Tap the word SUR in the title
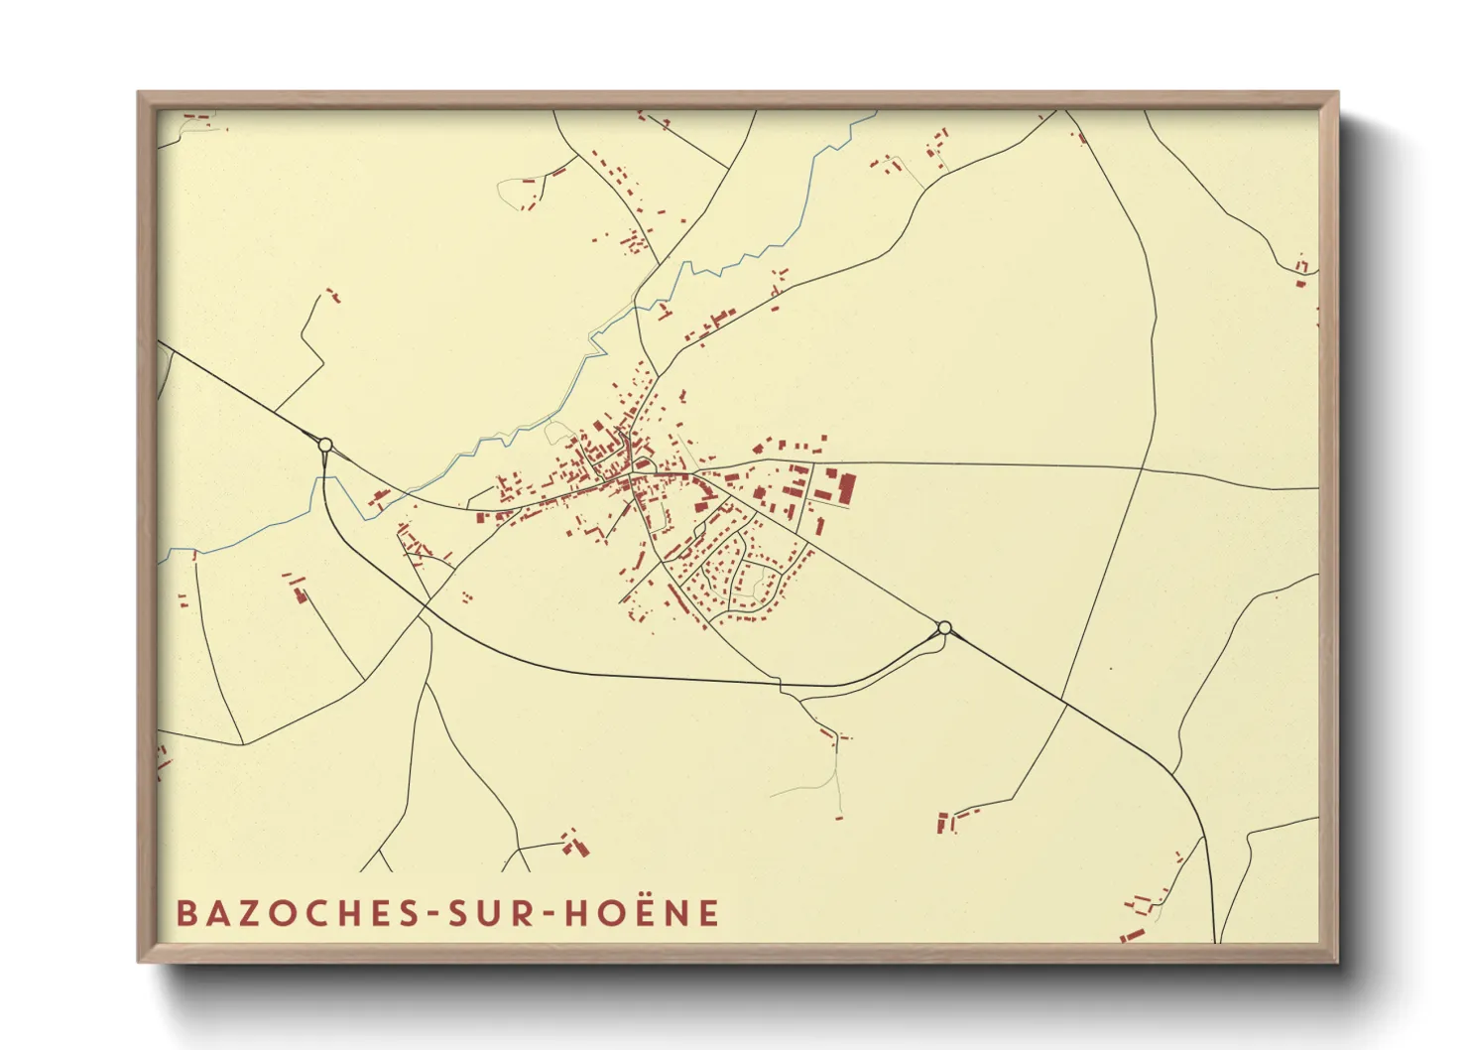click(495, 913)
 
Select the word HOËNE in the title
click(642, 913)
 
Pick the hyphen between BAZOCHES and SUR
click(434, 915)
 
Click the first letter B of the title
click(185, 913)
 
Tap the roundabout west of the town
click(324, 446)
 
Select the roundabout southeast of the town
click(944, 627)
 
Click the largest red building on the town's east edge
click(847, 488)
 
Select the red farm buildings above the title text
click(573, 844)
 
